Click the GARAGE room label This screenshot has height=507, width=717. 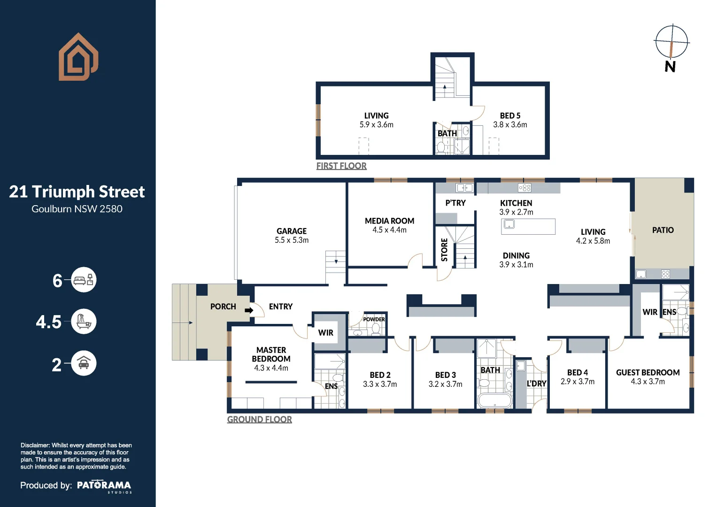[292, 231]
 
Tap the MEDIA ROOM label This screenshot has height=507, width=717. [390, 221]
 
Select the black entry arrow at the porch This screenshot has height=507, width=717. [249, 310]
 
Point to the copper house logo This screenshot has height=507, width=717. [78, 57]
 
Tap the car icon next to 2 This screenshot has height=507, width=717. [84, 363]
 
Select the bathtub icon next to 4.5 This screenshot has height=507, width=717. [84, 322]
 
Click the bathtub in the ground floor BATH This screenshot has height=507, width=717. [495, 400]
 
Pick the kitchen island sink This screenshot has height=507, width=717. [509, 224]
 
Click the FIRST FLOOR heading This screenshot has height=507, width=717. [341, 166]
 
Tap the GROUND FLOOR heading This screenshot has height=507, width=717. [260, 419]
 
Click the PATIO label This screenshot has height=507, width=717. [663, 230]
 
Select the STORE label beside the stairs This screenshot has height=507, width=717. [444, 250]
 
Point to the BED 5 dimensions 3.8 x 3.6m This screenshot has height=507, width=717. [510, 125]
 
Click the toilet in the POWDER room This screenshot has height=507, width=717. [376, 329]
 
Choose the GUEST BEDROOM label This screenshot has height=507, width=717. [648, 373]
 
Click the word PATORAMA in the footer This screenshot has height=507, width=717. [104, 485]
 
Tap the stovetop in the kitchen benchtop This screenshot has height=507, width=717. [525, 188]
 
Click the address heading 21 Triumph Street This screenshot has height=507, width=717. [77, 192]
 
